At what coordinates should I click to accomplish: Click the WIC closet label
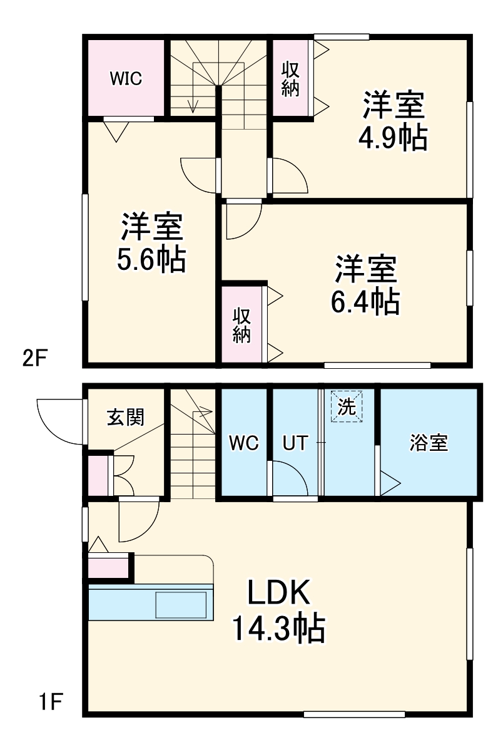point(126,78)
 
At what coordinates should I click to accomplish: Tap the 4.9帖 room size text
point(392,138)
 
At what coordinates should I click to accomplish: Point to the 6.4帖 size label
point(365,303)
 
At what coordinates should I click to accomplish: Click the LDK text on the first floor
point(279,592)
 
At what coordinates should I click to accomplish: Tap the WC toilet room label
point(243,443)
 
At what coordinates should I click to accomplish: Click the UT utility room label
point(295,443)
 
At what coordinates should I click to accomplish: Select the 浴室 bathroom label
point(429,443)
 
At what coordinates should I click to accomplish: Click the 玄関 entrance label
point(126,417)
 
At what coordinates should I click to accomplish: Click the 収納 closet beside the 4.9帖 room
point(290,78)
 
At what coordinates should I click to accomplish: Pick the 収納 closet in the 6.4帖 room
point(242,324)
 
